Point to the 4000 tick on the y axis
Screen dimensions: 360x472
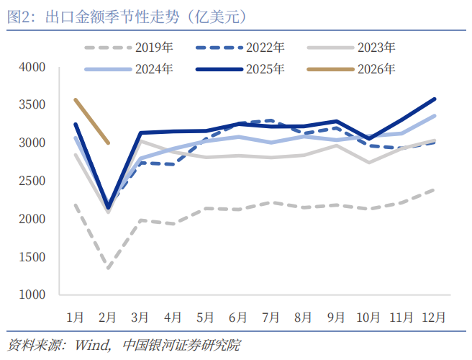[32, 67]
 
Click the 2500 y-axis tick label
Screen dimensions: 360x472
[32, 181]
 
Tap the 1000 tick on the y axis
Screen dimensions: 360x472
[32, 294]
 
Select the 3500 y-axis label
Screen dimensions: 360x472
[32, 105]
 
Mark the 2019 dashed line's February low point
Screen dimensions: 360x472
[108, 269]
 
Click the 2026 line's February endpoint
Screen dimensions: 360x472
[108, 143]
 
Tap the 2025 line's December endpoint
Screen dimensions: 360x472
[434, 99]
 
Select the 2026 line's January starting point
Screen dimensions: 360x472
[76, 99]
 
